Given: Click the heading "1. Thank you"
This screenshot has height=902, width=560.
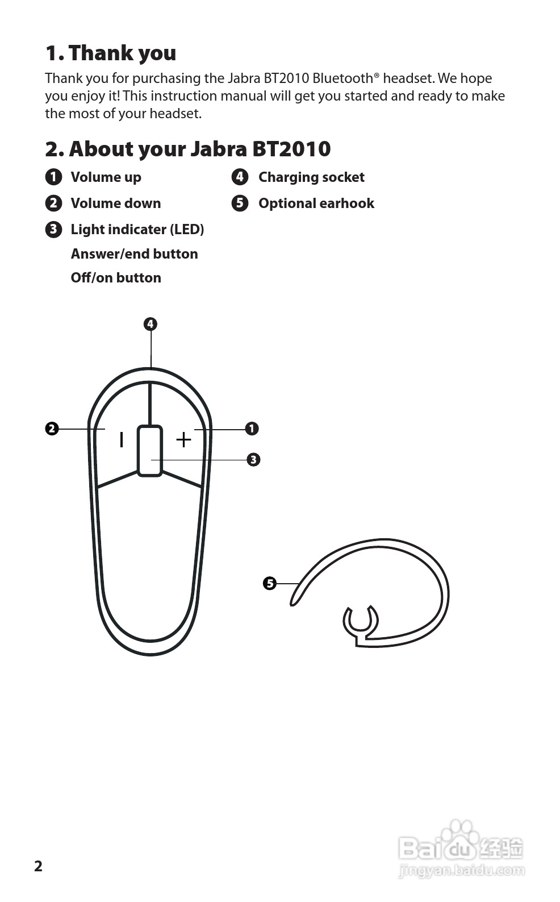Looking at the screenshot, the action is (111, 53).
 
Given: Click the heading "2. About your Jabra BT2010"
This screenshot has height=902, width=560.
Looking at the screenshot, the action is (187, 149).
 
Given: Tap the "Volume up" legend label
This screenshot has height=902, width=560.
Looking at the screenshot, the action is (106, 177).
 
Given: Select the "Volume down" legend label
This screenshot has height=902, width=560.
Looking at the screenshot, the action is (115, 203).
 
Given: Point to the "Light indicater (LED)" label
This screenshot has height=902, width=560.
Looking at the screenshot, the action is (137, 230).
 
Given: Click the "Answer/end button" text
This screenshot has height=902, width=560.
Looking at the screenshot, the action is (134, 254).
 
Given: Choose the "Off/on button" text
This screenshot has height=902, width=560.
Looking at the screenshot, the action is (116, 278).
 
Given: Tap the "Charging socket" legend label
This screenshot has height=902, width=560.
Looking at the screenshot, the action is (311, 177).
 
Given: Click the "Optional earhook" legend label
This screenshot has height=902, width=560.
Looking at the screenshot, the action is (316, 203).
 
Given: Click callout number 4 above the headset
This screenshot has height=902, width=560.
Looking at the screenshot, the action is (150, 325).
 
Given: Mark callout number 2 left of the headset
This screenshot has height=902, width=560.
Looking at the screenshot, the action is (52, 429).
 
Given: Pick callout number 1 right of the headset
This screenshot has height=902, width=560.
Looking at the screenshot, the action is (252, 429).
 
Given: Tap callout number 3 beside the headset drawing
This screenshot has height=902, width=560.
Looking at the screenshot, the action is (253, 459).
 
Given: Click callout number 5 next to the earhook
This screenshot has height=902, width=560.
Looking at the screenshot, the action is (270, 583).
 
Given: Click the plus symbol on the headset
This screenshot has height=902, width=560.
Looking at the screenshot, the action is (183, 439).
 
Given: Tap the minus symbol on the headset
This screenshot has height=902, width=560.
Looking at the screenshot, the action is (121, 439).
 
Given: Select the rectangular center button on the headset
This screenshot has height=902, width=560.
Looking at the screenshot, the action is (150, 450).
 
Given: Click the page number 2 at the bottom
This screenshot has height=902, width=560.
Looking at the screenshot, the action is (38, 866).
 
